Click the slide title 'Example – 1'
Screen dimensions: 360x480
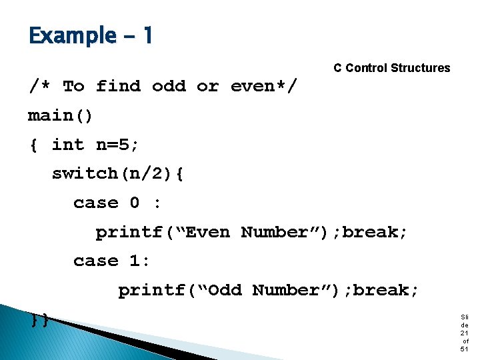click(91, 35)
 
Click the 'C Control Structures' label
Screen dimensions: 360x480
click(391, 68)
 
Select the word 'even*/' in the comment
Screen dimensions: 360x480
click(264, 87)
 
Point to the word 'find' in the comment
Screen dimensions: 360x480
click(118, 87)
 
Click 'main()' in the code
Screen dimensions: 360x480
click(61, 116)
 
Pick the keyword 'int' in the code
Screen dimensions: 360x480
click(68, 145)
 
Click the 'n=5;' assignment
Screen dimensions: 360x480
click(118, 145)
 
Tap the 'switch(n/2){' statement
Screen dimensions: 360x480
click(118, 174)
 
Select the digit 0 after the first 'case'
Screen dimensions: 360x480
click(135, 203)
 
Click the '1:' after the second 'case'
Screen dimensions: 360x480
click(140, 261)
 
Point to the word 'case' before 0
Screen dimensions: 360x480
click(95, 203)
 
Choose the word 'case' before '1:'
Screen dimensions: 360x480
click(95, 261)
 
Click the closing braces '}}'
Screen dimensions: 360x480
click(39, 319)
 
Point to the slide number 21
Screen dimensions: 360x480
click(464, 332)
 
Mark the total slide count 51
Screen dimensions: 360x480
click(464, 349)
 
